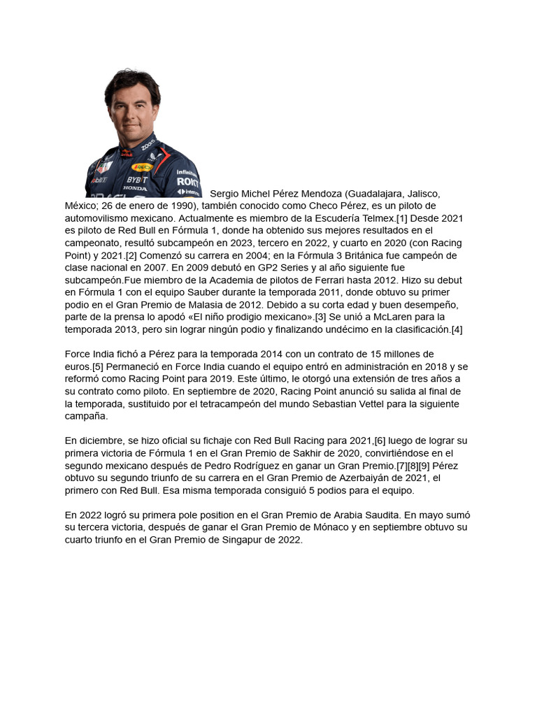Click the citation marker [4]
[456, 329]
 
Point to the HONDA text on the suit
[135, 188]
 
